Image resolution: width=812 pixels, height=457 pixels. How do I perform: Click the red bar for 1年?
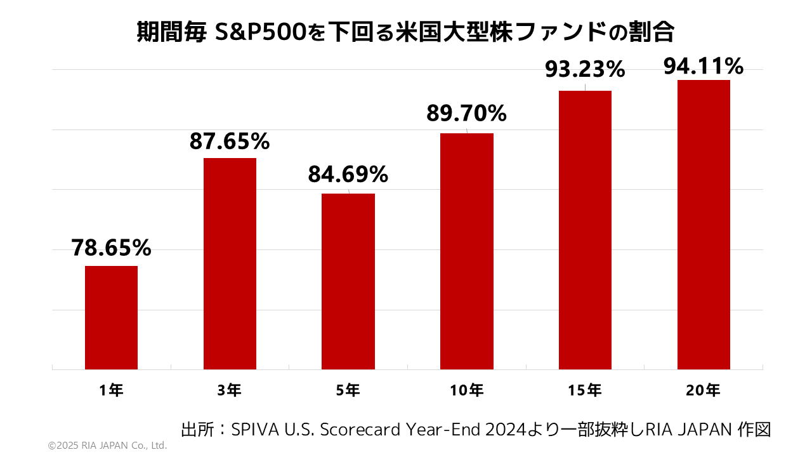(x=111, y=317)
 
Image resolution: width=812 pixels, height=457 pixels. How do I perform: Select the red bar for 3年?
(x=230, y=263)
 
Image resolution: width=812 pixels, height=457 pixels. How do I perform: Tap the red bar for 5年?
(x=348, y=281)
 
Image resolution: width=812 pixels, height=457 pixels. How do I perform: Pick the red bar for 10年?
(x=467, y=251)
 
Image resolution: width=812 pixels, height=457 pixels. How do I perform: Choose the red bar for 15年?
(x=585, y=230)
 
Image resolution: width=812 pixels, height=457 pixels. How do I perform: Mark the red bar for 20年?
(x=704, y=224)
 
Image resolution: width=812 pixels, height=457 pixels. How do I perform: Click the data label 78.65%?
(x=111, y=248)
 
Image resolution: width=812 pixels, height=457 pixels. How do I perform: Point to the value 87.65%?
(x=230, y=142)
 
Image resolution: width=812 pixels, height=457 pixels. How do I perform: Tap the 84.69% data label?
(x=348, y=174)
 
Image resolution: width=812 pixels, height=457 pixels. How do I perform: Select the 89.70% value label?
(x=467, y=114)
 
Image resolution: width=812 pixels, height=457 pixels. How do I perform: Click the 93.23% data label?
(x=585, y=69)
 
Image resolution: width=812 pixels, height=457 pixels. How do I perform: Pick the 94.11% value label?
(x=704, y=65)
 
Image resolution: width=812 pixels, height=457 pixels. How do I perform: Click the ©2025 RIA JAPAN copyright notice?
(x=107, y=446)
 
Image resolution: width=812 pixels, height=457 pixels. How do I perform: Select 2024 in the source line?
(x=506, y=430)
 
